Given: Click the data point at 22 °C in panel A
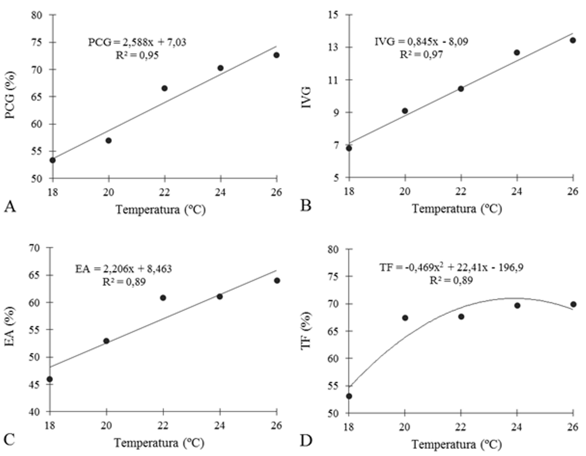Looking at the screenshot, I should coord(164,88).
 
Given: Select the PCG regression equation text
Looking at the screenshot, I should coord(137,42).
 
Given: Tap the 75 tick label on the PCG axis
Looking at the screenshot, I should coord(37,42).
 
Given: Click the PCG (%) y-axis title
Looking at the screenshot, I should coord(10,95).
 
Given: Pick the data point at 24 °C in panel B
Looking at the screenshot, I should coord(517,52).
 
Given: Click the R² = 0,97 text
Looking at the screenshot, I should coord(421,55).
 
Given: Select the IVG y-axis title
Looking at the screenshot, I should coord(306,97).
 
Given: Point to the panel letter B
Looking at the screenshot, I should coord(306,205).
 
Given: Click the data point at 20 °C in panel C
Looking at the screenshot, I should coord(106,341).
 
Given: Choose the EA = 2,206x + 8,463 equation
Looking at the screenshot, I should coord(124,269).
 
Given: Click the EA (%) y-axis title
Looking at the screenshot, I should coord(10,326).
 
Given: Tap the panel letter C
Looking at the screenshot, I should coord(9,439).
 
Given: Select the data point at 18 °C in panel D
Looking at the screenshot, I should coord(349,396).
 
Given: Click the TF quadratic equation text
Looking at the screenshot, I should coord(451,267).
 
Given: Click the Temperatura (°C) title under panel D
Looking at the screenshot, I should coord(457,445).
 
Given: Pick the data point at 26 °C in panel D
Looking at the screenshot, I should coord(573,304).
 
